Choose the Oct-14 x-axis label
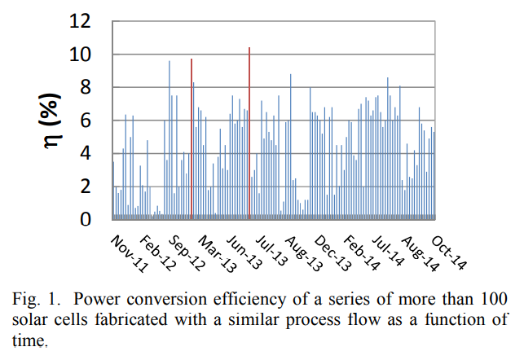(451, 248)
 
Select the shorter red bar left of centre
(192, 138)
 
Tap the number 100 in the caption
(496, 298)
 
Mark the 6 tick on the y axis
(95, 121)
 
